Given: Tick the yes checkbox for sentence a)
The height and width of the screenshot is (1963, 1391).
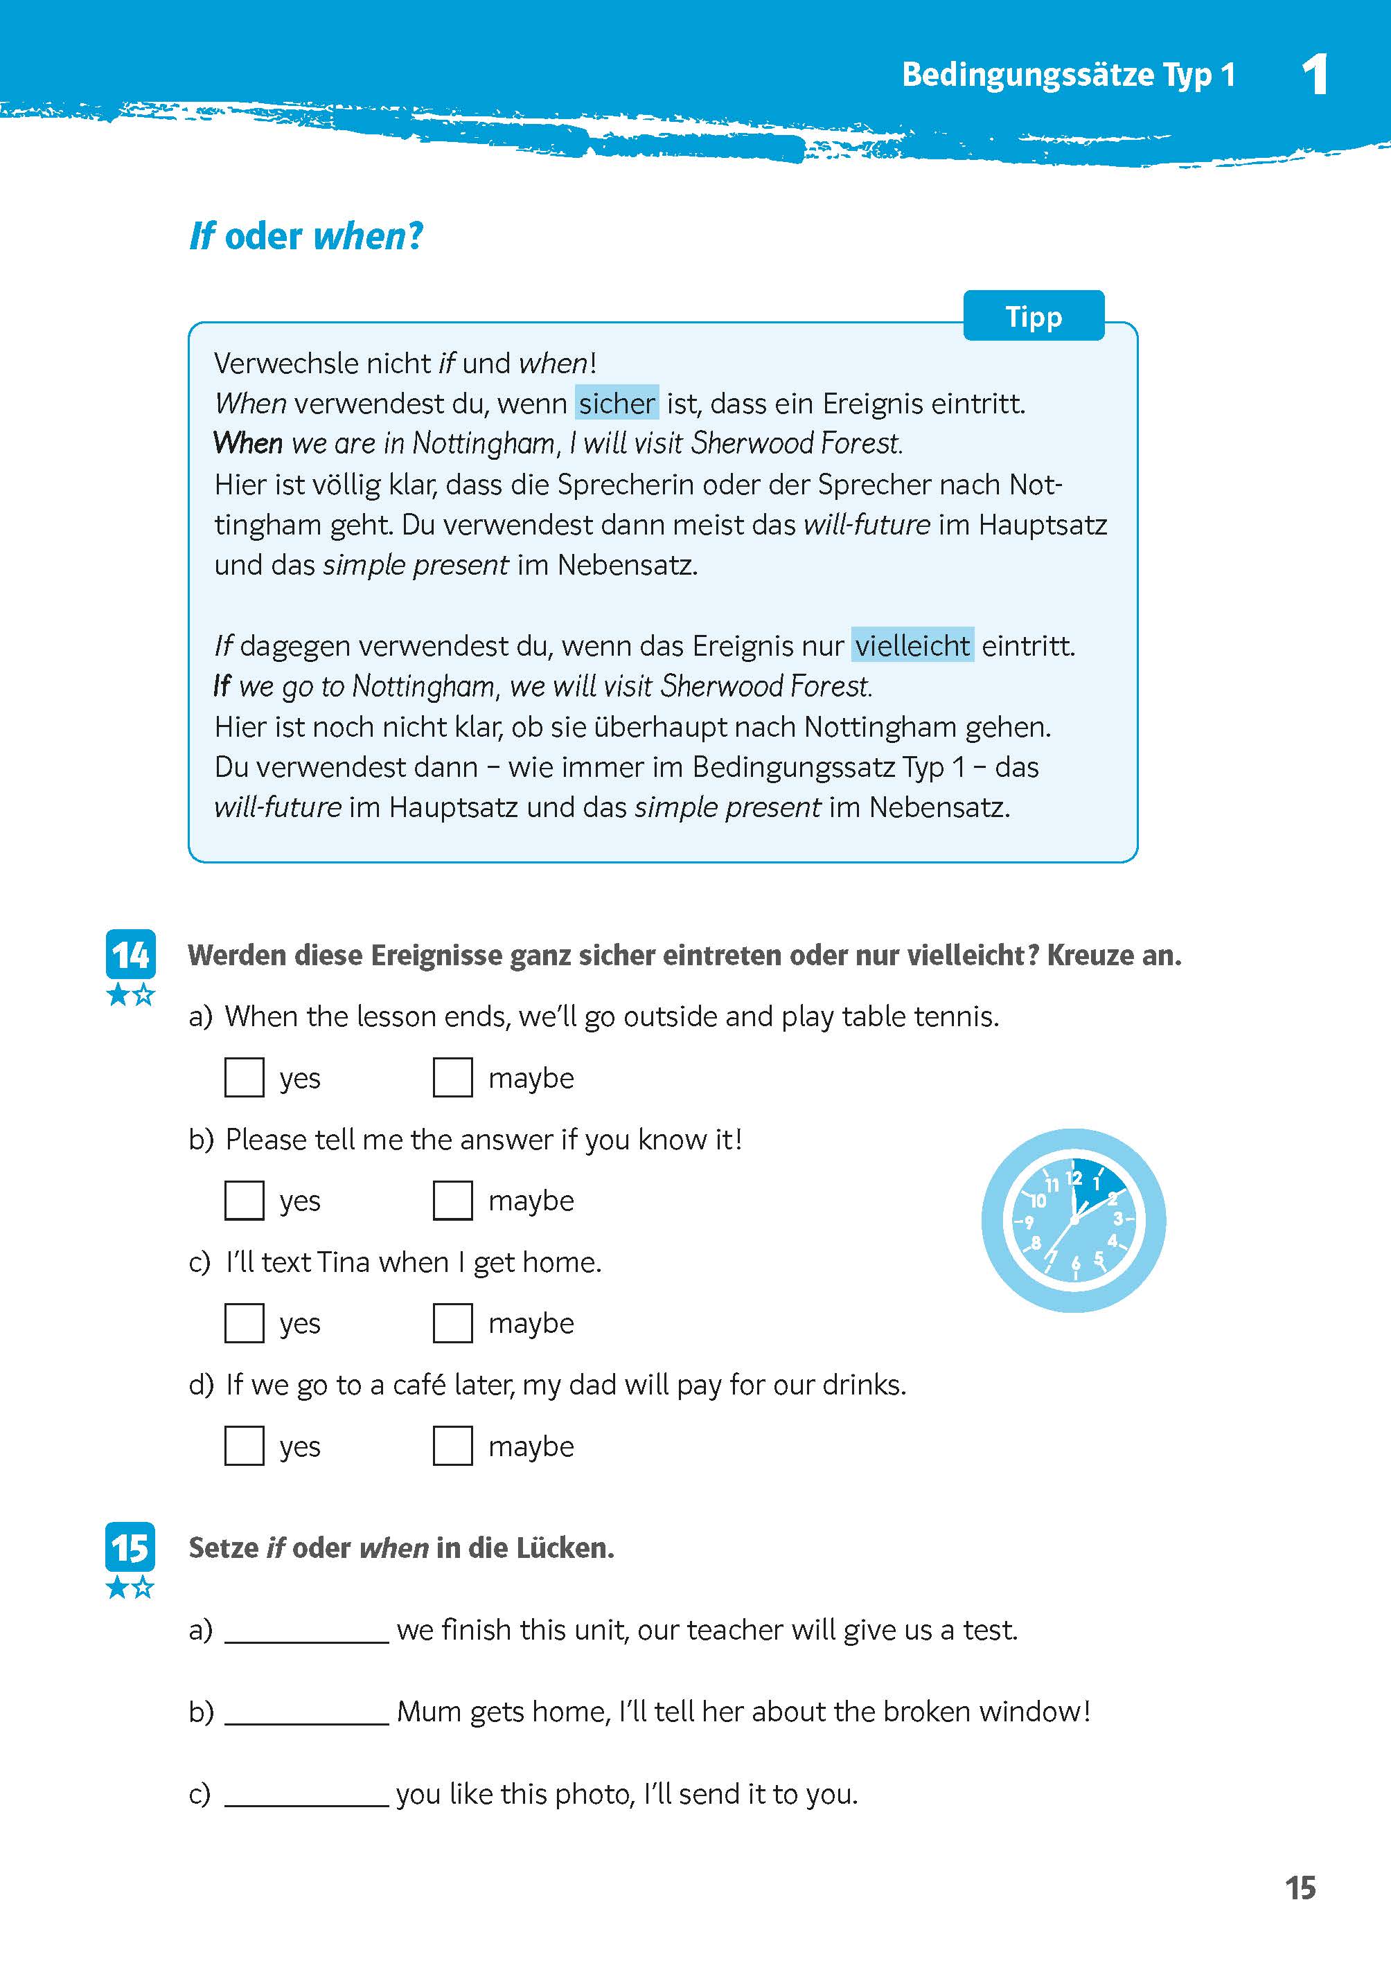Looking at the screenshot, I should pyautogui.click(x=244, y=1077).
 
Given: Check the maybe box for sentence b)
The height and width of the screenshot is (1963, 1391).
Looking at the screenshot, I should pyautogui.click(x=452, y=1199).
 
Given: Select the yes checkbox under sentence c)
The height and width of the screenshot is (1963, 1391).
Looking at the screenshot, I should pyautogui.click(x=244, y=1323).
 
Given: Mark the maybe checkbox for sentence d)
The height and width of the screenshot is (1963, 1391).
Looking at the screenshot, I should pyautogui.click(x=452, y=1445).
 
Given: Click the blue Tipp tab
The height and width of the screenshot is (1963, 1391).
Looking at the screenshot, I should pyautogui.click(x=1033, y=316).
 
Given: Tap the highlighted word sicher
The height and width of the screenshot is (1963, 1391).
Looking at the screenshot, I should pyautogui.click(x=617, y=402).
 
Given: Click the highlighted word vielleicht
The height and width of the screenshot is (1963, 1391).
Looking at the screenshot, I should pyautogui.click(x=912, y=645).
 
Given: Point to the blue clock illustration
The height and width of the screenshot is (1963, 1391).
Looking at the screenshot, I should pyautogui.click(x=1073, y=1220).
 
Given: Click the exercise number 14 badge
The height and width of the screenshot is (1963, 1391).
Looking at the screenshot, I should pyautogui.click(x=130, y=953).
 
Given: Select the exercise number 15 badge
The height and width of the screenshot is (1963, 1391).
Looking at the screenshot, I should pyautogui.click(x=130, y=1547).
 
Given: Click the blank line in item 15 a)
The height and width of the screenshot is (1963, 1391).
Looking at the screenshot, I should pyautogui.click(x=307, y=1631).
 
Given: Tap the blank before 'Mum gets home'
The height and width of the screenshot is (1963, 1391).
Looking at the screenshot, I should pyautogui.click(x=307, y=1713).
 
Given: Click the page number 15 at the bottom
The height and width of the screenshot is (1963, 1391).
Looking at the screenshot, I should pyautogui.click(x=1300, y=1888).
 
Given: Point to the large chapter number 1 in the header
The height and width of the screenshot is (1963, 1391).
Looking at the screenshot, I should pyautogui.click(x=1315, y=75).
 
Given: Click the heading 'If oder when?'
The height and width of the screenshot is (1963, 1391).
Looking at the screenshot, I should pyautogui.click(x=305, y=236).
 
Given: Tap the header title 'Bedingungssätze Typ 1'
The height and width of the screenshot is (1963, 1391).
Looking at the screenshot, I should pyautogui.click(x=1068, y=75).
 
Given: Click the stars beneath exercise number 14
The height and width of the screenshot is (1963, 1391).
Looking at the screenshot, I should pyautogui.click(x=131, y=995).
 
